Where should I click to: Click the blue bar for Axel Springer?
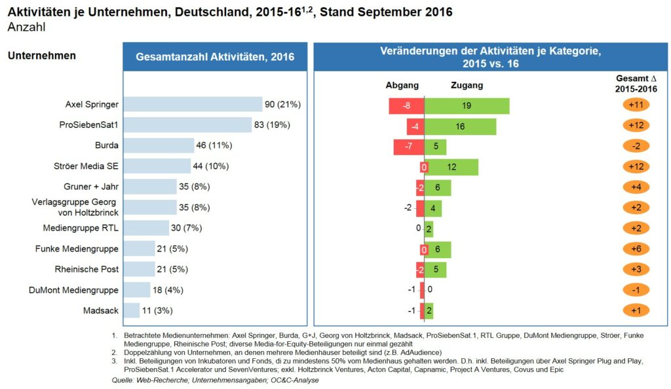pyautogui.click(x=193, y=104)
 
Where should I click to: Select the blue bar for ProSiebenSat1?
pyautogui.click(x=187, y=125)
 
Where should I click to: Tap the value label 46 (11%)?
pyautogui.click(x=215, y=145)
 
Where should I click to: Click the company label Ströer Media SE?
pyautogui.click(x=86, y=166)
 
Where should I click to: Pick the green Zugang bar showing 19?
pyautogui.click(x=467, y=105)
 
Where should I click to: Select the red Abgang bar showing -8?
pyautogui.click(x=406, y=105)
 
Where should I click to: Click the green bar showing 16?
pyautogui.click(x=460, y=126)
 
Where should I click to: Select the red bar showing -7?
pyautogui.click(x=409, y=147)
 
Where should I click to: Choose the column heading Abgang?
pyautogui.click(x=402, y=85)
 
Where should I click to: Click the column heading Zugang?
pyautogui.click(x=467, y=85)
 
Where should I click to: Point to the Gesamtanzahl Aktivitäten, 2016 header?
pyautogui.click(x=215, y=57)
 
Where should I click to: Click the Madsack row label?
pyautogui.click(x=101, y=310)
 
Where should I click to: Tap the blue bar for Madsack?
pyautogui.click(x=131, y=310)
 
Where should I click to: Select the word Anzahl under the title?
pyautogui.click(x=26, y=27)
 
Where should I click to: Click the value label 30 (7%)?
pyautogui.click(x=187, y=228)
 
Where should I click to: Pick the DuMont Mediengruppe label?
pyautogui.click(x=73, y=290)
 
